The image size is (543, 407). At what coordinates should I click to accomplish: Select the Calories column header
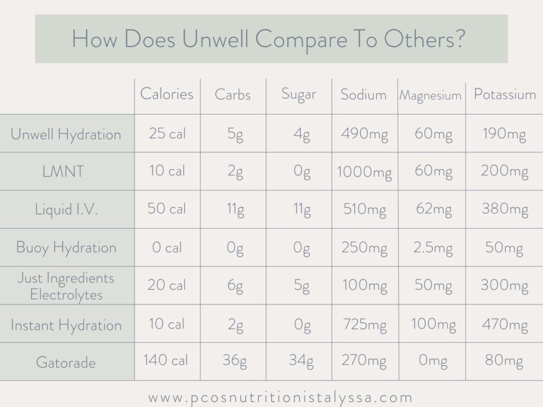tap(167, 94)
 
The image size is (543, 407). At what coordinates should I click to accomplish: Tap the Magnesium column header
tap(430, 95)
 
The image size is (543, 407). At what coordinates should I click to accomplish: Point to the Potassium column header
tap(504, 94)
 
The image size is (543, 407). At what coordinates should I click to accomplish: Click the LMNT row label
tap(66, 172)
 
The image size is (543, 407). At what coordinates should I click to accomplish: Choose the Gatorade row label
tap(66, 362)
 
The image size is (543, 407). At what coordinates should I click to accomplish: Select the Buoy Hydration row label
tap(66, 247)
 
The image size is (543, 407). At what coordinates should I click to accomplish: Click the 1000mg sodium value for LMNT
tap(364, 172)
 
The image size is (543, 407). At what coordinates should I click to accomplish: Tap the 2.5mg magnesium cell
tap(433, 248)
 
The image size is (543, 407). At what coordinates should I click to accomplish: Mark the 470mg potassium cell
tap(504, 324)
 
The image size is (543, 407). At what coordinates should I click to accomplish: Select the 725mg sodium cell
tap(364, 324)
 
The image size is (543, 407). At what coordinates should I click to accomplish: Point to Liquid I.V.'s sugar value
tap(302, 210)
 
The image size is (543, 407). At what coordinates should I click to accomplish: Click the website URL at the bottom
tap(280, 397)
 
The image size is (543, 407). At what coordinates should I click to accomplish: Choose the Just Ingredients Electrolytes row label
tap(66, 286)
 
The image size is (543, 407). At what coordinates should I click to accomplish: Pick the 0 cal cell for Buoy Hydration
tap(167, 247)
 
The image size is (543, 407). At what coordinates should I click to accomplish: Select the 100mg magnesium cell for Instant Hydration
tap(433, 324)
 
